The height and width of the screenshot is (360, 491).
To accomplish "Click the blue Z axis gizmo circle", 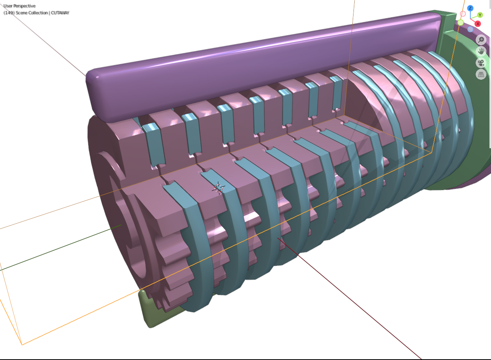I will click(470, 8).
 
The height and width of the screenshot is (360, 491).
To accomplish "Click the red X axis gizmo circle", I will click(478, 24).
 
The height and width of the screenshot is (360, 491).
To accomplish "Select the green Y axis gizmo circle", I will click(480, 15).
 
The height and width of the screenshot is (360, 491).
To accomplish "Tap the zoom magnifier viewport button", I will click(481, 39).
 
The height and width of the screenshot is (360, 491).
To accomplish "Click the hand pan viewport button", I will click(481, 51).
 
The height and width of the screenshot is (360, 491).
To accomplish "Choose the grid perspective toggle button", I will click(481, 74).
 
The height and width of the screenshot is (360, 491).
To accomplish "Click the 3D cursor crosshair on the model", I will click(219, 188).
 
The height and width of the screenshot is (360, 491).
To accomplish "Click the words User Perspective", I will click(20, 6).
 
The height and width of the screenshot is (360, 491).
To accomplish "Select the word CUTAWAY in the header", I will click(60, 13).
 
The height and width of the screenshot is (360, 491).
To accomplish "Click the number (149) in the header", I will click(9, 13).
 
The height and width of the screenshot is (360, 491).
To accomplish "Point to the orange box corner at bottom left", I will click(22, 344).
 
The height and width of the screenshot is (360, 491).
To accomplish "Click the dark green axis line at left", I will click(57, 249).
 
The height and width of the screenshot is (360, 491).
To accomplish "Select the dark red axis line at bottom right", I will click(352, 299).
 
